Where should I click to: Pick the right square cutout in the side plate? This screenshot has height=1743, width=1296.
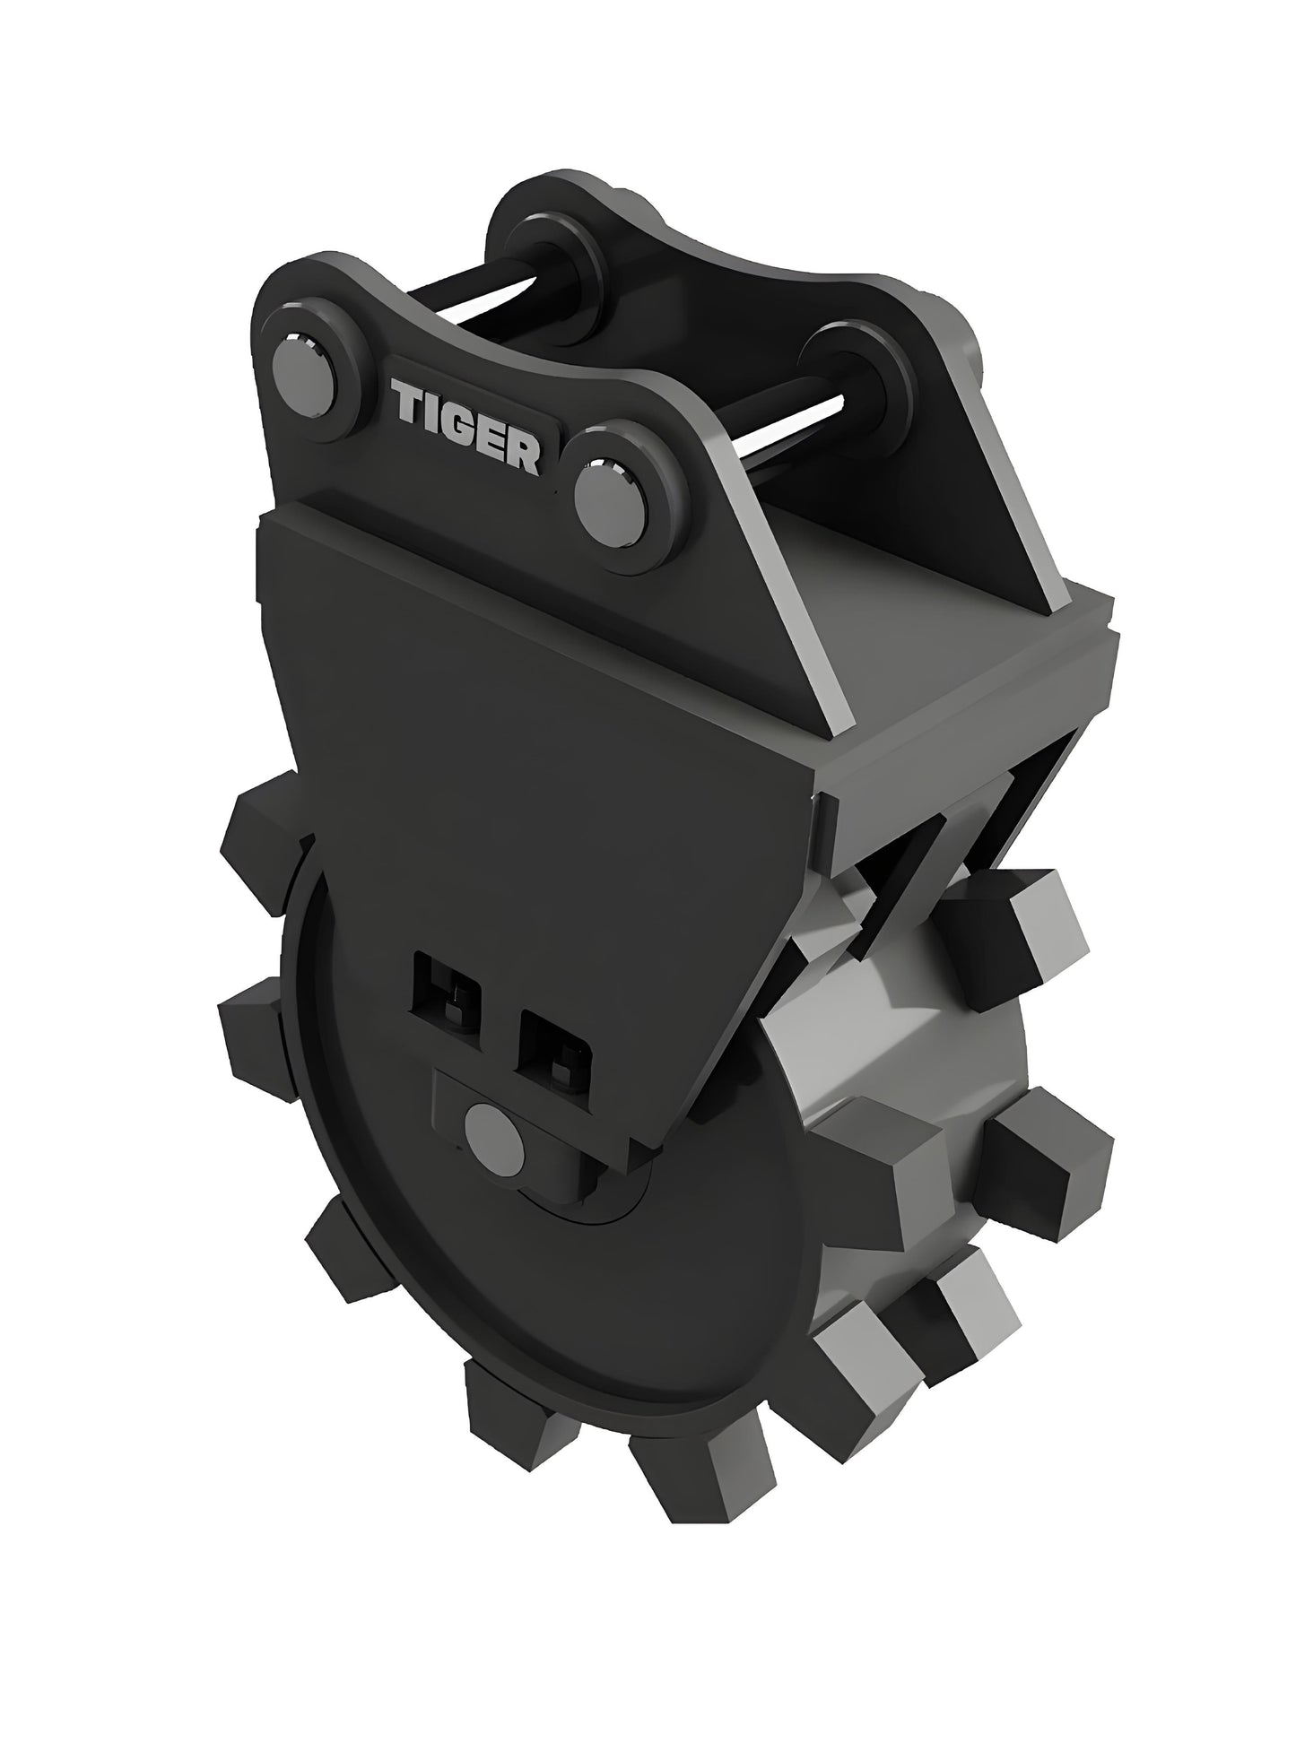pos(554,1043)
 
